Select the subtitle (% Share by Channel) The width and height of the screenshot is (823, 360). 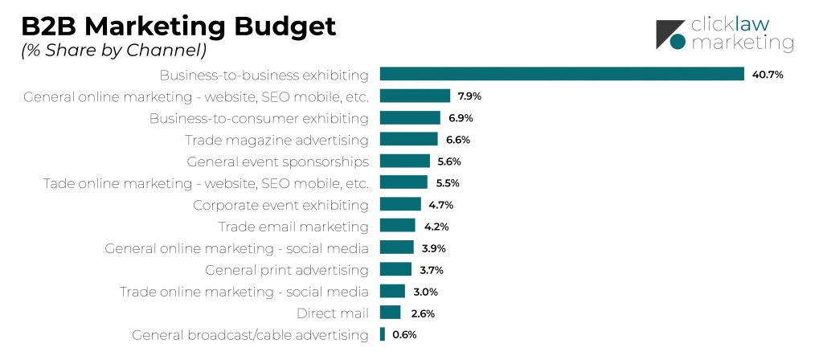[113, 50]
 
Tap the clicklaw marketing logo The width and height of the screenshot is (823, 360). [724, 34]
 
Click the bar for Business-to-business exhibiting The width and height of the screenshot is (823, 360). [562, 74]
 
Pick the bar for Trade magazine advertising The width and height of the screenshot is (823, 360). [408, 139]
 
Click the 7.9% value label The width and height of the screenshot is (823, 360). [470, 96]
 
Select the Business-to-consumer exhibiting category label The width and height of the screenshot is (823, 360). [259, 118]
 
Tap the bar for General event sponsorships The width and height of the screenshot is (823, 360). [405, 161]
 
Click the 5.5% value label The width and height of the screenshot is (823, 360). [448, 183]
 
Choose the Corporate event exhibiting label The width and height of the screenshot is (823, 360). [280, 205]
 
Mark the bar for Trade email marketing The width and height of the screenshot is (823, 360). [398, 226]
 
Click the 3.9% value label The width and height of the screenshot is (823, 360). [434, 248]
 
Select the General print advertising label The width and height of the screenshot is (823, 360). [287, 269]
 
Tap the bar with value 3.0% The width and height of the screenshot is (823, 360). [392, 291]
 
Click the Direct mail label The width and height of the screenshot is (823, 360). [332, 313]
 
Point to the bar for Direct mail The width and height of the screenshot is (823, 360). [391, 313]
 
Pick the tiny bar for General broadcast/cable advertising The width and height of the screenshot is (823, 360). [383, 334]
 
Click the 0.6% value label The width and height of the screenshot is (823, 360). [404, 335]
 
